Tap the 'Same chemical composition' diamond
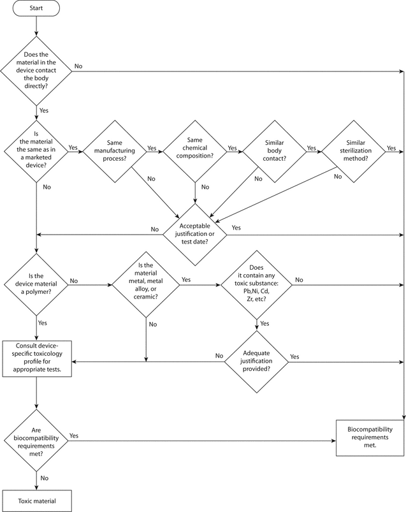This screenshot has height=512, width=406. tap(195, 151)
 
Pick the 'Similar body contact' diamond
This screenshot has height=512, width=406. tap(275, 151)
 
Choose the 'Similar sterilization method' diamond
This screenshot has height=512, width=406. tap(353, 151)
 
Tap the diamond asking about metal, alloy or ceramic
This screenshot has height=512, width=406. tap(147, 281)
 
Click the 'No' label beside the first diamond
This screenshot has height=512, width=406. tap(78, 65)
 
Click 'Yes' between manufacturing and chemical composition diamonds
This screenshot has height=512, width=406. tap(152, 147)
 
